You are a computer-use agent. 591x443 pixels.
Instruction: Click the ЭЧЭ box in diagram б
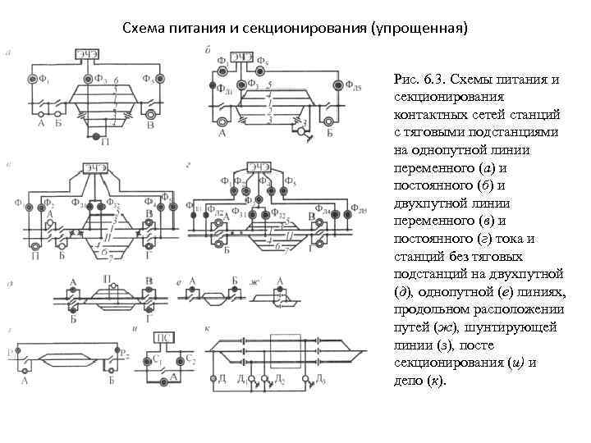pos(240,56)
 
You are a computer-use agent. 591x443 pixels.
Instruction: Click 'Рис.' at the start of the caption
pos(408,79)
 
